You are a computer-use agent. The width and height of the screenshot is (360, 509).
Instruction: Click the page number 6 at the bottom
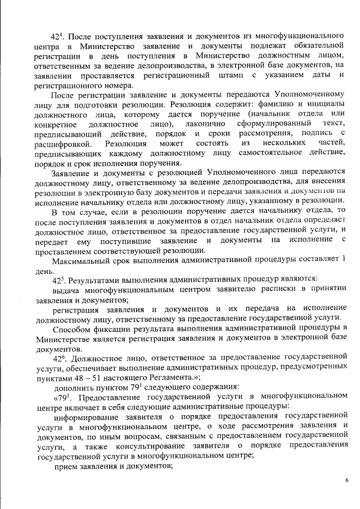click(x=346, y=479)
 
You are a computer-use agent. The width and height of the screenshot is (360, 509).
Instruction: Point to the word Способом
click(x=71, y=328)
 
